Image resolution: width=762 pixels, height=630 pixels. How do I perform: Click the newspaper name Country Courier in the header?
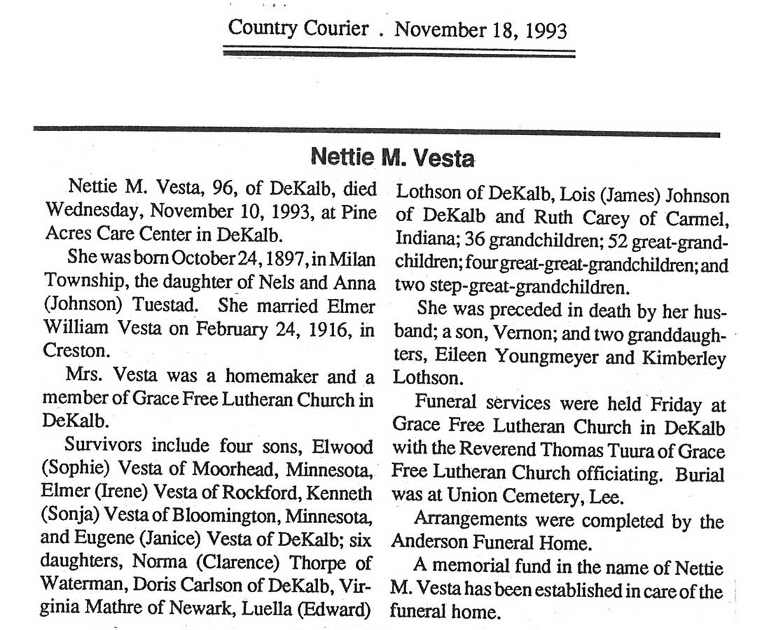[298, 29]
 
